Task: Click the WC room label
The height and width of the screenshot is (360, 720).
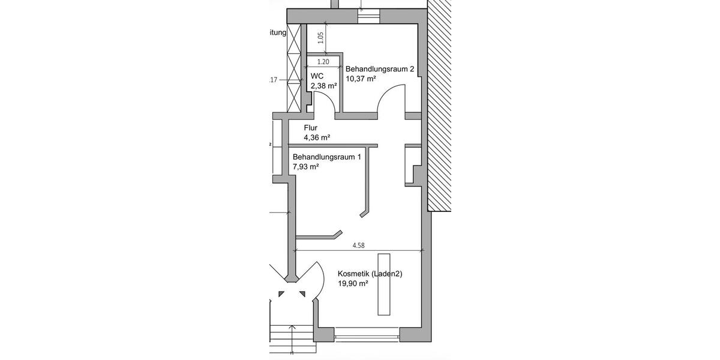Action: coord(317,76)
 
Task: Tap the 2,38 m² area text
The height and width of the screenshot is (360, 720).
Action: coord(323,86)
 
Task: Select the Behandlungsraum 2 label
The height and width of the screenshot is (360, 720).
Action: coord(380,69)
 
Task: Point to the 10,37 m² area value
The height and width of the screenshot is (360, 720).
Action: coord(361,79)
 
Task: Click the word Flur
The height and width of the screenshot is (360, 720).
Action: coord(310,128)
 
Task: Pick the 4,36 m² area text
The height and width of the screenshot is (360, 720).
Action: coord(317,137)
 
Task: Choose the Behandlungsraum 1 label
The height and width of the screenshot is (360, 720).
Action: coord(327,157)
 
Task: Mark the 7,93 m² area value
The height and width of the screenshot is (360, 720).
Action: coord(305,167)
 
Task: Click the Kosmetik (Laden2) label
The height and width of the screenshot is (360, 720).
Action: coord(370,274)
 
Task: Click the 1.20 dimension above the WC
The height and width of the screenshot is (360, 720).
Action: coord(323,62)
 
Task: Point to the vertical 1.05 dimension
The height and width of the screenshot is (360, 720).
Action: coord(320,38)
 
